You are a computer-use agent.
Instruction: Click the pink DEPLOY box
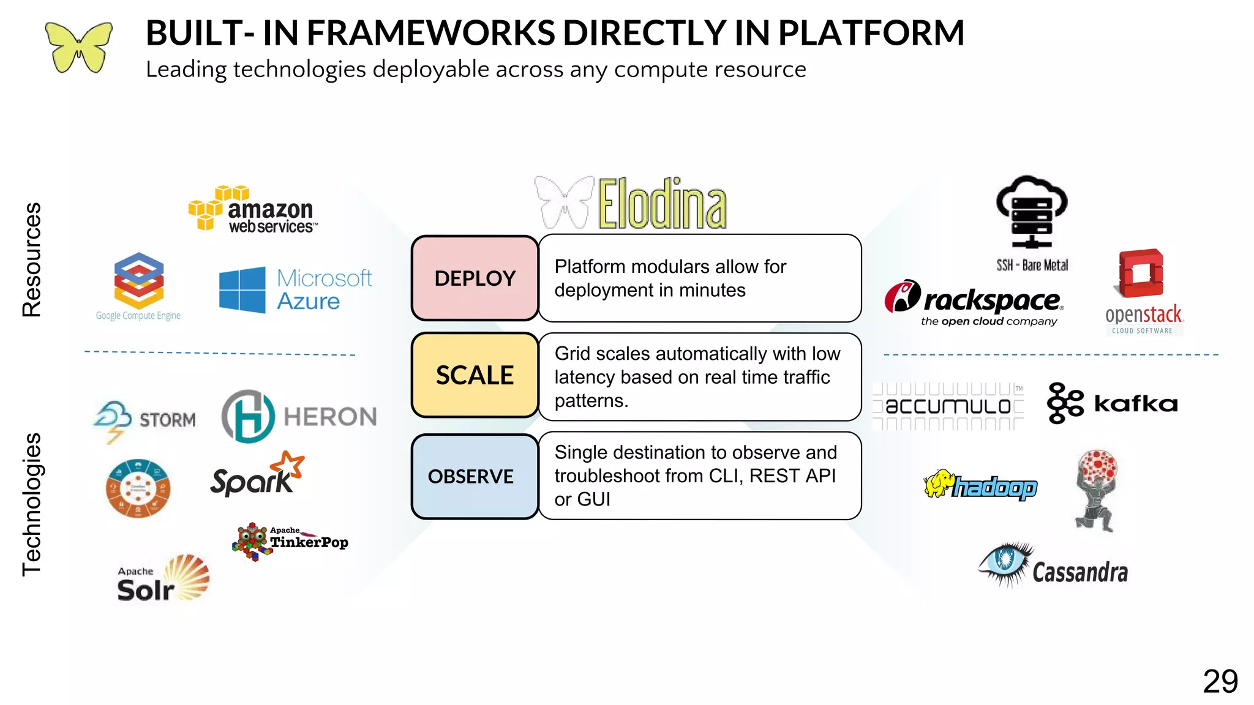(x=475, y=278)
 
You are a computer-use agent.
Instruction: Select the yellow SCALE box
(x=475, y=375)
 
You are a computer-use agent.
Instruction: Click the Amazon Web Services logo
(x=253, y=210)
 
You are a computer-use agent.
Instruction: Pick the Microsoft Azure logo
(x=295, y=289)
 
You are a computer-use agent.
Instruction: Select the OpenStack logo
(x=1143, y=292)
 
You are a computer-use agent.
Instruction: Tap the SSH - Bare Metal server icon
(x=1032, y=214)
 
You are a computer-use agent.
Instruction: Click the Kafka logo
(x=1112, y=403)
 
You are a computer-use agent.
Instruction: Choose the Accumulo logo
(x=948, y=406)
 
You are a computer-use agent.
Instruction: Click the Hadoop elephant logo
(x=980, y=485)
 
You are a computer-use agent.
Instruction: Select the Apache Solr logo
(x=163, y=580)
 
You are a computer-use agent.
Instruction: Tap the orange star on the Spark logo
(x=290, y=465)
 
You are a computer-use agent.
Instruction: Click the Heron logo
(x=299, y=417)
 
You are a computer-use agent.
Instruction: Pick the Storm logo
(x=145, y=420)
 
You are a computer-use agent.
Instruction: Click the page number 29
(x=1220, y=681)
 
